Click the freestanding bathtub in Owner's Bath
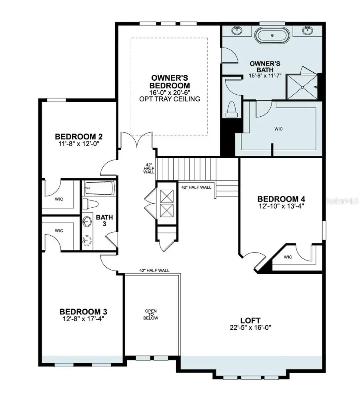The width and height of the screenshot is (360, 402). (272, 35)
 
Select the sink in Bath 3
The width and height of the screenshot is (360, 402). (87, 221)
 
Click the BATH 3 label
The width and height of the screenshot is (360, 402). (105, 221)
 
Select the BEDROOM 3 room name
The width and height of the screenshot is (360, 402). (83, 311)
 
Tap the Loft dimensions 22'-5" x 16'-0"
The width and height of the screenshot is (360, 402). (250, 327)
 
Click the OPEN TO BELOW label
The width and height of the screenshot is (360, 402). (151, 314)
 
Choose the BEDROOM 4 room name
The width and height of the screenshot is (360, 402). (284, 199)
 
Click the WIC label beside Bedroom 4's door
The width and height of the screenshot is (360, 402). (288, 257)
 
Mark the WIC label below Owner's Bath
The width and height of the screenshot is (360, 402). (278, 129)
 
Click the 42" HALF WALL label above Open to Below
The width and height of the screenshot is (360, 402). (154, 271)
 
